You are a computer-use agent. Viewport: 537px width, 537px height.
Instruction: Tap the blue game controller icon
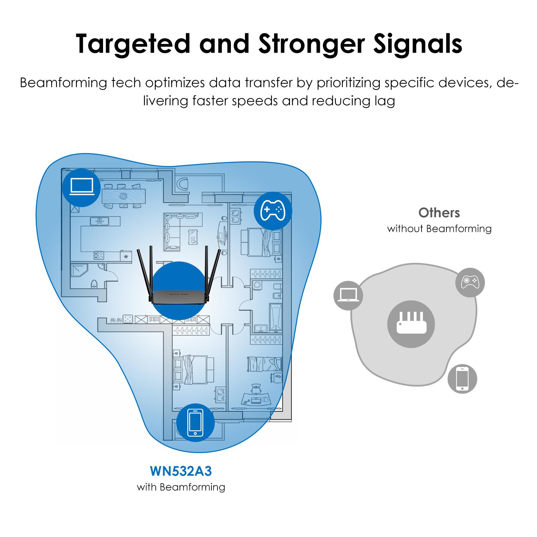273,211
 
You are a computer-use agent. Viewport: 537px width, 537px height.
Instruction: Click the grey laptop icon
348,296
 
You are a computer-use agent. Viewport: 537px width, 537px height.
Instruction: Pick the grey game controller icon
470,282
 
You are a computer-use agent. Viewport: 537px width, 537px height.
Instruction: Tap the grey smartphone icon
462,379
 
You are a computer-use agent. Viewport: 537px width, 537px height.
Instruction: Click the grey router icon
411,324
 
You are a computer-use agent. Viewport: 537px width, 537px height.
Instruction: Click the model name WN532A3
181,471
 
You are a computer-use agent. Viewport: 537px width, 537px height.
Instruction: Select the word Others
439,213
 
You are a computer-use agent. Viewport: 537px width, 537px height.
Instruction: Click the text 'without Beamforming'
439,229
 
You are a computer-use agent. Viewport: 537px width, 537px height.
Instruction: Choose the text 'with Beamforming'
181,487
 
